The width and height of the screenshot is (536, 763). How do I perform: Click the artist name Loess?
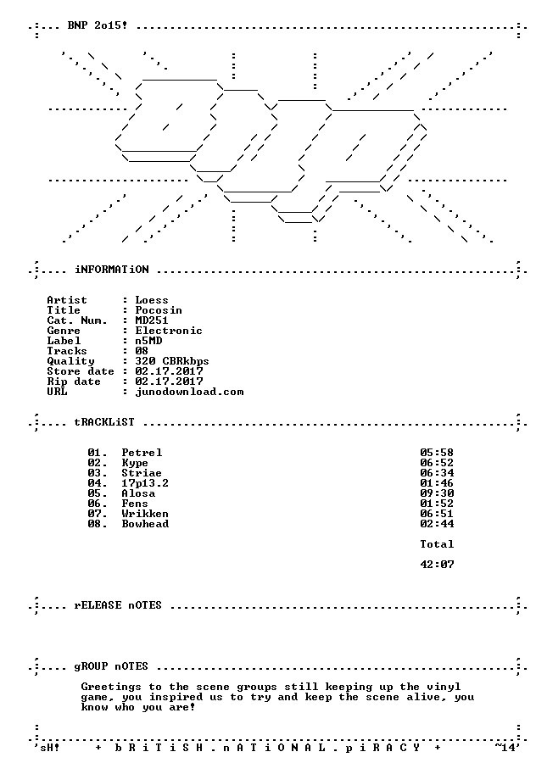(x=152, y=300)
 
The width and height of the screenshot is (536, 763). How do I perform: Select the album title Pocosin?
(x=159, y=310)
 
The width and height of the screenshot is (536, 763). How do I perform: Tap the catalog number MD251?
(x=152, y=320)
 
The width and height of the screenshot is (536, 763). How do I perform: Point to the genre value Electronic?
(x=169, y=331)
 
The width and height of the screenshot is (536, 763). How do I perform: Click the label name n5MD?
(x=149, y=341)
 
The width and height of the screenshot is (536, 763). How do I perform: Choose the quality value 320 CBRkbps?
(x=172, y=361)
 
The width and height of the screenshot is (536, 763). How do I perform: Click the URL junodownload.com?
(x=189, y=392)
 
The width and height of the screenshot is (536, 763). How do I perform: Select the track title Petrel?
(x=142, y=453)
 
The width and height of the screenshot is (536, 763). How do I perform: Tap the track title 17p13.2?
(x=145, y=483)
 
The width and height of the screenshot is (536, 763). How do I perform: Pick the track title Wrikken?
(x=145, y=514)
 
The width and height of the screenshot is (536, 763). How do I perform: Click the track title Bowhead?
(x=145, y=524)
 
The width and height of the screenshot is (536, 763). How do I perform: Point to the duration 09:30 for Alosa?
(x=437, y=493)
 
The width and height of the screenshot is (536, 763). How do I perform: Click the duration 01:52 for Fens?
(x=437, y=504)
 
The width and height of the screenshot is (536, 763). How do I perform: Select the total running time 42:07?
(x=437, y=565)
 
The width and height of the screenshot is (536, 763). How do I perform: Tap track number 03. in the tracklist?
(x=98, y=473)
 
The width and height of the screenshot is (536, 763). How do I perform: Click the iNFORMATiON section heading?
(x=111, y=270)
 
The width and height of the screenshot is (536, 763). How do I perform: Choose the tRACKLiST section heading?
(x=104, y=422)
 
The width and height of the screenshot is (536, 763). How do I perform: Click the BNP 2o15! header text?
(x=98, y=25)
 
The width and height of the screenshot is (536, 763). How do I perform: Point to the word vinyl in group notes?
(x=444, y=687)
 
